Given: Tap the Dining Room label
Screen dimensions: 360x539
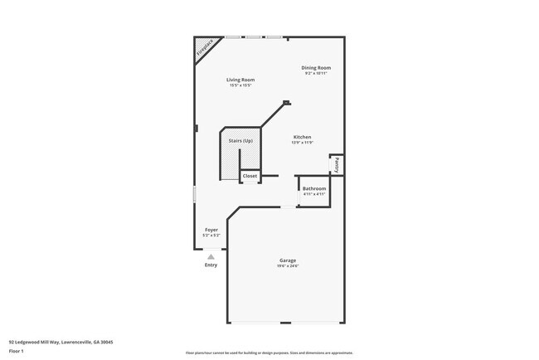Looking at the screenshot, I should click(x=317, y=67).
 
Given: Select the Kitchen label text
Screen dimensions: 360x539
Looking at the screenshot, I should click(x=302, y=137).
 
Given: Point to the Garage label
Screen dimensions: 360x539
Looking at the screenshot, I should click(x=287, y=260).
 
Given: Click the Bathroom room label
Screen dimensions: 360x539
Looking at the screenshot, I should click(x=314, y=188).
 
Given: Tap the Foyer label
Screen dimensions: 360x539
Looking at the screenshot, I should click(x=211, y=229).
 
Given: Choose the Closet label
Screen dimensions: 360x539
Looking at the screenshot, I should click(x=250, y=176).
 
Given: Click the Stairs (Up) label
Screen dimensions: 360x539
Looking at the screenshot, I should click(x=240, y=141).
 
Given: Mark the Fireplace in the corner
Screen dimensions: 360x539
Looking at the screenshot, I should click(x=204, y=49).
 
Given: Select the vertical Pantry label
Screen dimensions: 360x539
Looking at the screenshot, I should click(x=337, y=165).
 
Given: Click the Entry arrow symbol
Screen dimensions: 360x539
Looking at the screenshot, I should click(x=211, y=257).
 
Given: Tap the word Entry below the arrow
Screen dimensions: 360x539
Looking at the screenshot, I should click(x=211, y=265).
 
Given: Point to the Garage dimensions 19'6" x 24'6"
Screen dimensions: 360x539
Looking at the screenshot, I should click(x=287, y=266).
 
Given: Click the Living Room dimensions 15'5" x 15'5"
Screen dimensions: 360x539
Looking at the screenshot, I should click(x=240, y=85).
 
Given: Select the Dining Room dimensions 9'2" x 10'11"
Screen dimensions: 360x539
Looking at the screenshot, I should click(x=317, y=74).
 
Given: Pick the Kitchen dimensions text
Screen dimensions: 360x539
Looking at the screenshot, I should click(x=302, y=143).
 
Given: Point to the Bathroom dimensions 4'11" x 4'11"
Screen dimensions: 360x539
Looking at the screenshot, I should click(x=314, y=194).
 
